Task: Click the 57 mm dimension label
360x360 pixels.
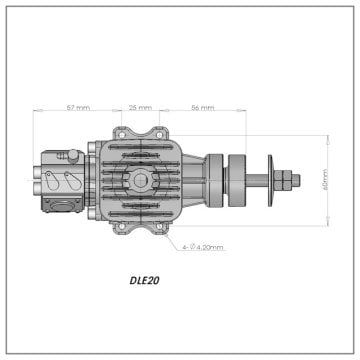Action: [x=76, y=106]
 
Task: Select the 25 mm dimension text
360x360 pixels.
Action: [x=141, y=106]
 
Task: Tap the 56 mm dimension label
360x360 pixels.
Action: [x=203, y=106]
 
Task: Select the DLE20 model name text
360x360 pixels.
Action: [x=145, y=281]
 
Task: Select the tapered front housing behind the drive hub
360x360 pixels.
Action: [x=196, y=181]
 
